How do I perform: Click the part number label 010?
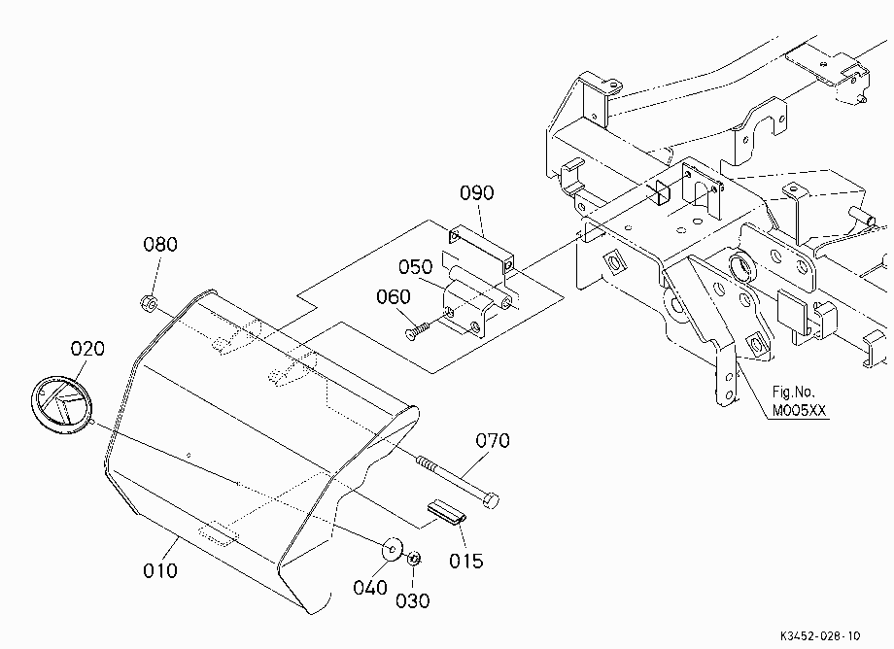click(160, 570)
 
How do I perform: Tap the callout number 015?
click(465, 561)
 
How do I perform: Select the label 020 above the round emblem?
click(87, 348)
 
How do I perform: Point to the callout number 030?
click(412, 600)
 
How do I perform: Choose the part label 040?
click(370, 588)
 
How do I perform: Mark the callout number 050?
click(415, 266)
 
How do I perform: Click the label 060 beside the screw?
click(394, 296)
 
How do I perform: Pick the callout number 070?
click(493, 440)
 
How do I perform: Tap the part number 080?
click(160, 245)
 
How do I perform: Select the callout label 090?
click(477, 193)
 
